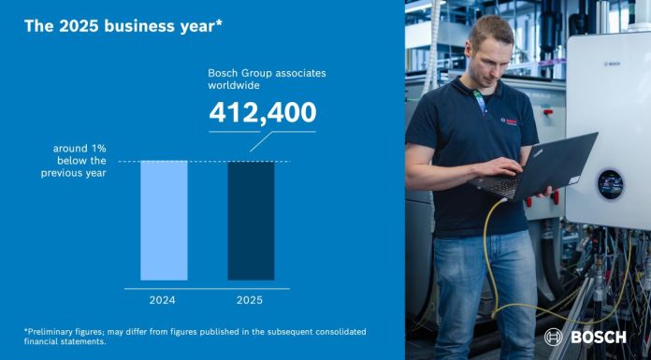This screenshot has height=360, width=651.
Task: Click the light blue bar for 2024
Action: [x=164, y=221]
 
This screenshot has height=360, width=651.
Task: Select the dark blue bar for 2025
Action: [x=251, y=221]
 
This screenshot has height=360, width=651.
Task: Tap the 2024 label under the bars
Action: [x=164, y=300]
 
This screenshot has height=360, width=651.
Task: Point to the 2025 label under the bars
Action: [x=250, y=300]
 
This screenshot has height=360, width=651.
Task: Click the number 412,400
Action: [x=263, y=113]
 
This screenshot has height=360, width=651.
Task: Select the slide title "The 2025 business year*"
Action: [x=123, y=26]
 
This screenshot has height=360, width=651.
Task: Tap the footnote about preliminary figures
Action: [x=195, y=337]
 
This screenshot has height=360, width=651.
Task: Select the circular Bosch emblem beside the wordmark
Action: [x=554, y=337]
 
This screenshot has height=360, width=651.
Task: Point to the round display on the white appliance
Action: [x=611, y=182]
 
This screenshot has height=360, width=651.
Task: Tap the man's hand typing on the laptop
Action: [x=513, y=168]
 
